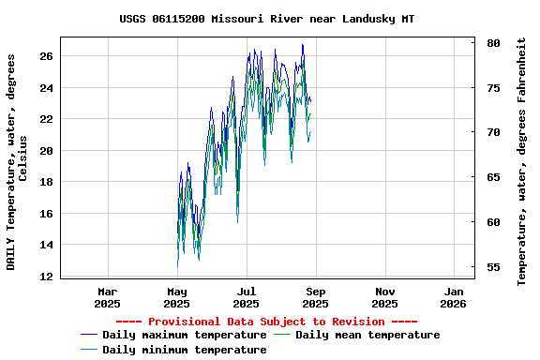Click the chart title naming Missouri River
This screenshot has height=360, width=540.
pyautogui.click(x=267, y=19)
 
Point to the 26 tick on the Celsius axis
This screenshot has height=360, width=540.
pyautogui.click(x=46, y=56)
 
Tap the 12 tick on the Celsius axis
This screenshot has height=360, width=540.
pyautogui.click(x=46, y=277)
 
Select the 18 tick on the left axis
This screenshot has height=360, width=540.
pyautogui.click(x=46, y=182)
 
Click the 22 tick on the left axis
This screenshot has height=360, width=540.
pyautogui.click(x=46, y=119)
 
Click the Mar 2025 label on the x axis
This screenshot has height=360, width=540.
pyautogui.click(x=108, y=297)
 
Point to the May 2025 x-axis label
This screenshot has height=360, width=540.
pyautogui.click(x=177, y=297)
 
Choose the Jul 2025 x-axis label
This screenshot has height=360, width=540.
pyautogui.click(x=246, y=297)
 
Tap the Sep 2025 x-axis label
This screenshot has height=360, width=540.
pyautogui.click(x=315, y=297)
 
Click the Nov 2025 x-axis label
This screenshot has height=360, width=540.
pyautogui.click(x=384, y=297)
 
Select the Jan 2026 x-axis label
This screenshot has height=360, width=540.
pyautogui.click(x=454, y=297)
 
